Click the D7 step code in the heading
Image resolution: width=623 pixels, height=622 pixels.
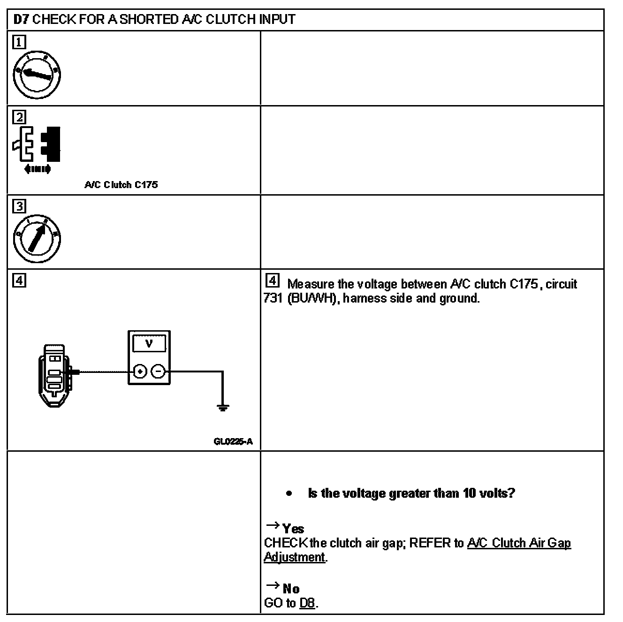(x=21, y=20)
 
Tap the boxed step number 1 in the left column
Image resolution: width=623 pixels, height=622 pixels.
(x=19, y=43)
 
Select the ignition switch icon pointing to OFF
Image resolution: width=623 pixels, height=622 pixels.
(x=37, y=75)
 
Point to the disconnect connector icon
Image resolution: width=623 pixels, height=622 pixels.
(x=37, y=145)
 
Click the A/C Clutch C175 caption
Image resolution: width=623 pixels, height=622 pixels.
(x=121, y=185)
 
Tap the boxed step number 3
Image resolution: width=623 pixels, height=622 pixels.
(x=19, y=206)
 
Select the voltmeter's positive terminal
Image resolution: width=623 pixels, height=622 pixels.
(x=140, y=372)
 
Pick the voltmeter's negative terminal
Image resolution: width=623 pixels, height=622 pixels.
(x=158, y=372)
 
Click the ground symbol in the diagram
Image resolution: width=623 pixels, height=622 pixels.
(x=223, y=407)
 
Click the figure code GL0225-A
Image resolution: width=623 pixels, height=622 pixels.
(x=233, y=441)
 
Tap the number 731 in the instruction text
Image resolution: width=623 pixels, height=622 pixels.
(x=273, y=298)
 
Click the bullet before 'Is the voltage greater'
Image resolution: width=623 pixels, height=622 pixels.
(x=289, y=493)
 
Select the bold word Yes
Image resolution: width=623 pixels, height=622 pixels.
(x=293, y=529)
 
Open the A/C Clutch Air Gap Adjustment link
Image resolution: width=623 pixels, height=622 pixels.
(x=519, y=543)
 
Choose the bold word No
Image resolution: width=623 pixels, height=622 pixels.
(x=291, y=588)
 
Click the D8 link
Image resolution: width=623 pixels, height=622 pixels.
(x=307, y=603)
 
